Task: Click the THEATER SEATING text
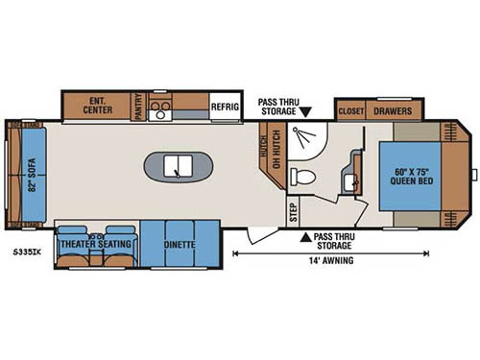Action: [x=97, y=246]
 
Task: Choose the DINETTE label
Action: [x=180, y=246]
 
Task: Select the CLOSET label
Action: [x=350, y=110]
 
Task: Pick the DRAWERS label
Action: [x=393, y=110]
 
